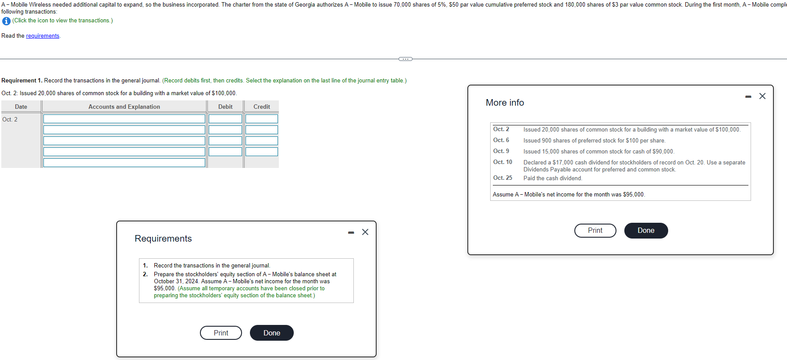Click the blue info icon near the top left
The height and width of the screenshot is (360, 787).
pos(6,21)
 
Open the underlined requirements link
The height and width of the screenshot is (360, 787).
pos(43,36)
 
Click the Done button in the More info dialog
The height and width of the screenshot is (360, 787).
pos(645,231)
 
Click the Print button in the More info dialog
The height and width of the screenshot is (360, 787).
pos(595,231)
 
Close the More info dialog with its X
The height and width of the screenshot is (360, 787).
pos(762,96)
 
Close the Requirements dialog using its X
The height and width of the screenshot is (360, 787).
pos(365,232)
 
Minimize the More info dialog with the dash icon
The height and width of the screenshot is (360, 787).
pos(748,96)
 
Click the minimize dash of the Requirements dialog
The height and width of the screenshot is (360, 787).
pos(351,232)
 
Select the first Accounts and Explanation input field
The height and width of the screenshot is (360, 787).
pos(124,119)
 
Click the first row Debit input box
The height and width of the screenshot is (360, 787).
pos(225,119)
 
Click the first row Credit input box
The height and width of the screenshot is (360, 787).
pos(261,119)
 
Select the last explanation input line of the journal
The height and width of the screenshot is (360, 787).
pos(124,163)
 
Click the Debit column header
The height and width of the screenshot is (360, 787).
pos(225,107)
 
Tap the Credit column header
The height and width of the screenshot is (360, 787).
pos(262,107)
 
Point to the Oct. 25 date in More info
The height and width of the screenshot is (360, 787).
pos(502,178)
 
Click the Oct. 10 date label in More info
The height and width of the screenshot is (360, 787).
pos(502,162)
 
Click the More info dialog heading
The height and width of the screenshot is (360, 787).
pos(505,103)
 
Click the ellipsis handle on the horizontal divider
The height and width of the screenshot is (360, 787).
pos(405,59)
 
